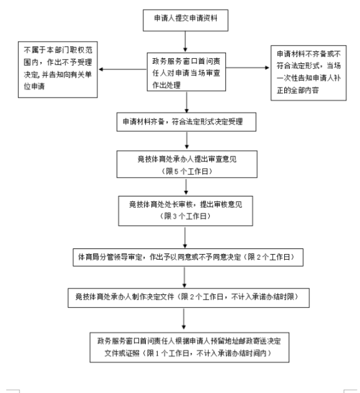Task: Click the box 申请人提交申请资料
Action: tap(185, 19)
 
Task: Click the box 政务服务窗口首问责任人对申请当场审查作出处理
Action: tap(185, 72)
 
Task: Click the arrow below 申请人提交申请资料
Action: tap(185, 41)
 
